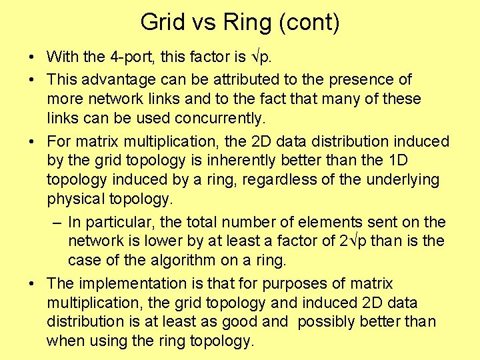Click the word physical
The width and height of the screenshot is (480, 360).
pyautogui.click(x=76, y=199)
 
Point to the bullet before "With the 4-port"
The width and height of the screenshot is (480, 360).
pyautogui.click(x=33, y=57)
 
